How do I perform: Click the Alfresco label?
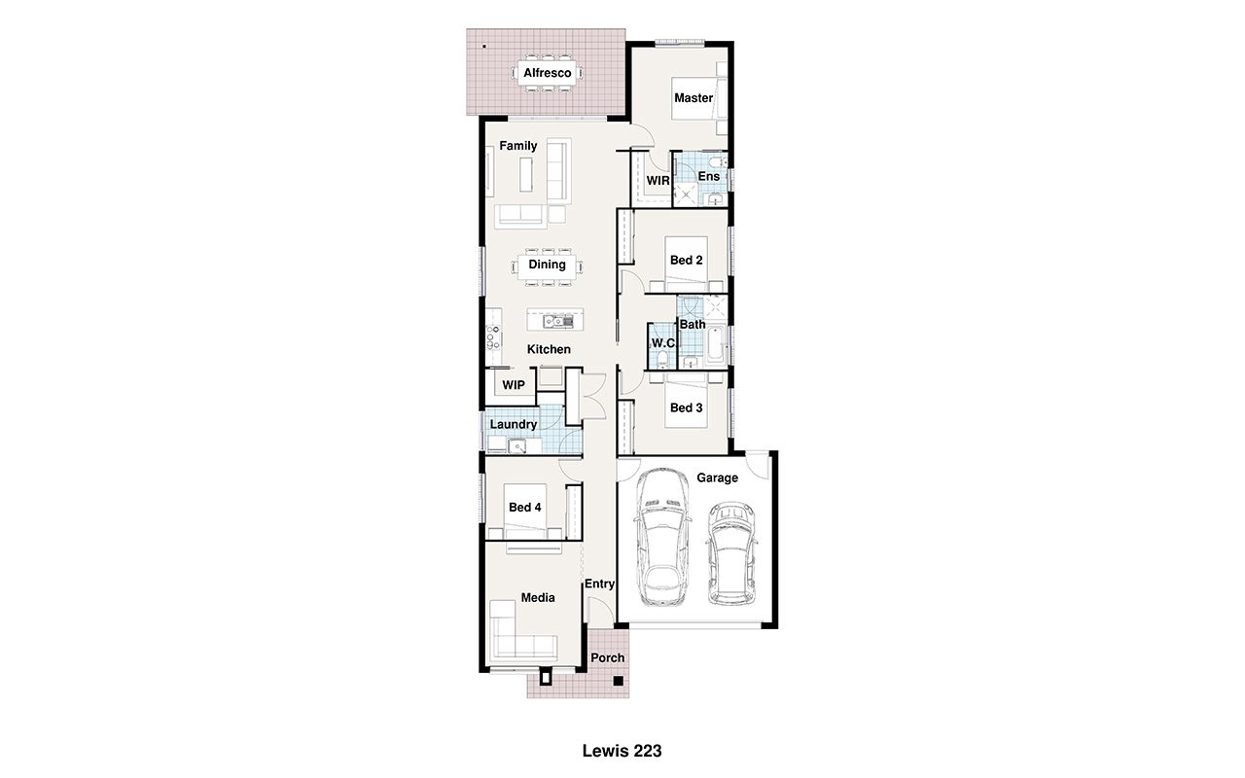(x=547, y=73)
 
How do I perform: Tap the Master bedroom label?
(x=694, y=98)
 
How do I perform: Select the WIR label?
(x=658, y=181)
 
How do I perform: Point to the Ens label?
(x=709, y=176)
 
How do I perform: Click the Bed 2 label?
(x=686, y=260)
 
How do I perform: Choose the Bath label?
(x=693, y=324)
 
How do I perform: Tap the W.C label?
(x=662, y=343)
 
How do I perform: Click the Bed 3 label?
(x=686, y=407)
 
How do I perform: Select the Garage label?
(x=717, y=477)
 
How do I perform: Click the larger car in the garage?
(x=662, y=537)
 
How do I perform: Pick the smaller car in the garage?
(x=731, y=553)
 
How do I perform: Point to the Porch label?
(x=608, y=658)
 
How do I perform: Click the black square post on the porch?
(x=618, y=680)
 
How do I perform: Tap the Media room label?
(x=538, y=598)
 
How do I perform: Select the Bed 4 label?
(x=524, y=508)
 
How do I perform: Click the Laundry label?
(x=513, y=425)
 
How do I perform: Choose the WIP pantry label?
(x=513, y=385)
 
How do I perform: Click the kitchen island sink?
(x=558, y=321)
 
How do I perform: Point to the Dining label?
(x=547, y=265)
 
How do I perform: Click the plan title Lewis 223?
(x=622, y=752)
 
